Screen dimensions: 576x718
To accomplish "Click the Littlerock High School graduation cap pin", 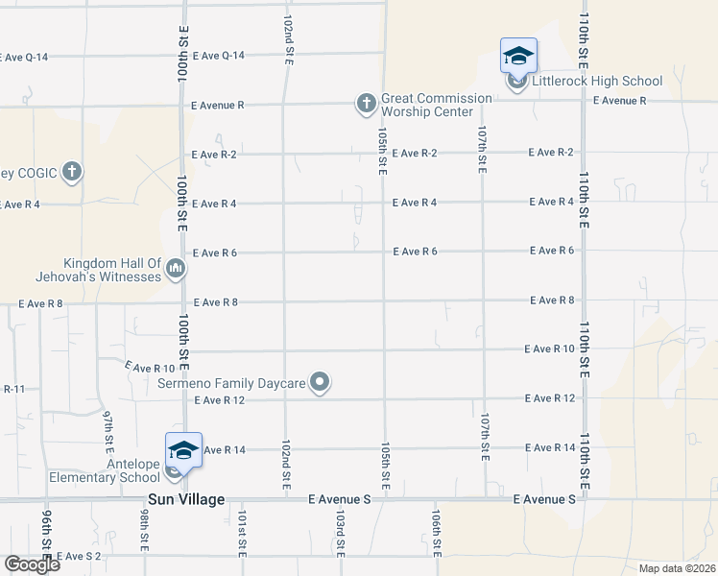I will tap(517, 56).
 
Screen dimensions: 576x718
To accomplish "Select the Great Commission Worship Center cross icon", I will tap(366, 103).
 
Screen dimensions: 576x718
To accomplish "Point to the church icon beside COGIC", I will tap(71, 173).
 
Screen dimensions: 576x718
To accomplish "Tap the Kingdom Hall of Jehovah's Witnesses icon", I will tap(175, 270).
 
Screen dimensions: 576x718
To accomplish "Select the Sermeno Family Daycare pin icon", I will tap(322, 383).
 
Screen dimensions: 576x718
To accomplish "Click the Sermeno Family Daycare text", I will tap(231, 383).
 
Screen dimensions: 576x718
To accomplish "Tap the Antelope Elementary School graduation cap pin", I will tap(183, 450).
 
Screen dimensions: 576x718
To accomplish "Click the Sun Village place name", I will tap(186, 500).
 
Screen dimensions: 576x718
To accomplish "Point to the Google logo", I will tap(32, 564).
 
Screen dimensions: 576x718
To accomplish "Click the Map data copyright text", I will tap(676, 568).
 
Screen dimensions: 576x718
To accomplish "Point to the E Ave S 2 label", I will tap(79, 556).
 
